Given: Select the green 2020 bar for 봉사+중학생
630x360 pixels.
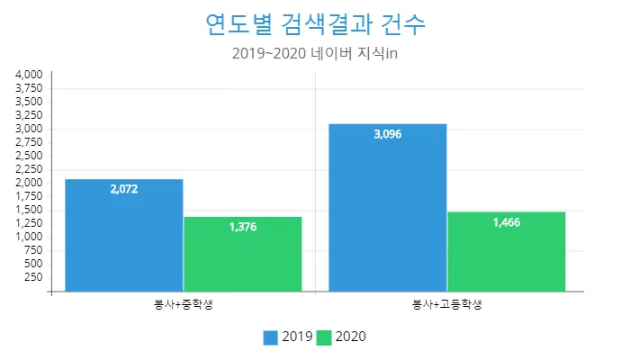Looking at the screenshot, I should click(243, 256).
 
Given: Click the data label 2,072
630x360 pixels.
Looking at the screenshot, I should click(124, 190).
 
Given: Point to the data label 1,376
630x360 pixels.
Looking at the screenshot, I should click(243, 227).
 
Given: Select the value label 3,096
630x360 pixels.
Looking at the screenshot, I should click(388, 135).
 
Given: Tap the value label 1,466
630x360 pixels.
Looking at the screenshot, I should click(507, 222).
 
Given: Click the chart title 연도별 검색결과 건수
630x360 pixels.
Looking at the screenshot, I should click(314, 23).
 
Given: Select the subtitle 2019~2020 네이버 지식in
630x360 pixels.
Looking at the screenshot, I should click(314, 53).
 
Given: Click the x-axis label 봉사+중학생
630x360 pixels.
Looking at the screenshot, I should click(184, 304).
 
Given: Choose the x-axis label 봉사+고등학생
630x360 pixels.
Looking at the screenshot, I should click(446, 304).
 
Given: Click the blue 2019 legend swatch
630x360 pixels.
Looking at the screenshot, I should click(271, 337).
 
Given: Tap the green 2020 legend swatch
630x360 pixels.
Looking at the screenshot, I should click(325, 337).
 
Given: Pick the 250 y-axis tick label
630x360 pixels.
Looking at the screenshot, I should click(34, 277).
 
